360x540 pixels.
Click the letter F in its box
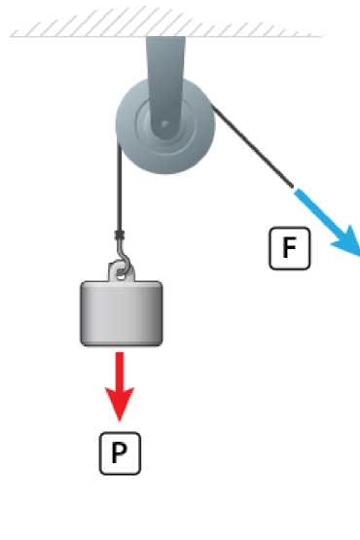(x=289, y=247)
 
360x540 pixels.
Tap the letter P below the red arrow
(x=120, y=452)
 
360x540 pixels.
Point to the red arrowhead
(x=120, y=404)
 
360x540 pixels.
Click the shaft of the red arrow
(x=120, y=371)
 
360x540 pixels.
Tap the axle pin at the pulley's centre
(x=164, y=124)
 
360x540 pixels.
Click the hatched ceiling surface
(x=165, y=22)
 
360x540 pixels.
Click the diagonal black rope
(x=252, y=147)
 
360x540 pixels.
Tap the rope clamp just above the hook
(x=120, y=235)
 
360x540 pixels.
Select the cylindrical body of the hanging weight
(x=122, y=313)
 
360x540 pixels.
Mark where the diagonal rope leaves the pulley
(x=212, y=107)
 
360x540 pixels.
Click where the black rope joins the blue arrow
(x=294, y=188)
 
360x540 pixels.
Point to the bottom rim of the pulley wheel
(x=165, y=172)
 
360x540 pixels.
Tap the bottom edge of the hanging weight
(x=122, y=344)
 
